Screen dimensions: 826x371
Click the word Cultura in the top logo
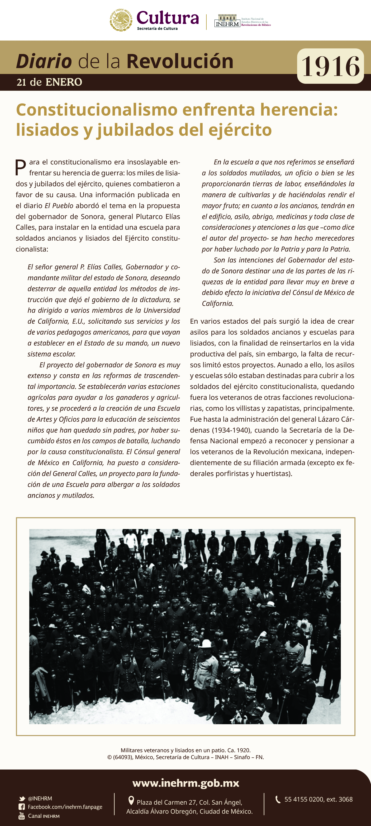(167, 18)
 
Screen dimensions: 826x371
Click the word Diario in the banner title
(44, 61)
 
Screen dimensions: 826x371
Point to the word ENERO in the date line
(64, 82)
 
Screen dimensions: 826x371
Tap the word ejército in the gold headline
(240, 130)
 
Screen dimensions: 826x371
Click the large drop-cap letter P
(20, 167)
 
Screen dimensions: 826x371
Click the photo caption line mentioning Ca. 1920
(185, 750)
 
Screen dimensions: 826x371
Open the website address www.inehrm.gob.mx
(185, 783)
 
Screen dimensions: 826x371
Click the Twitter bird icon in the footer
(22, 798)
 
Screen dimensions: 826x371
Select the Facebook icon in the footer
(22, 807)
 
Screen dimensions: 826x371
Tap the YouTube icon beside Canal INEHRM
(22, 816)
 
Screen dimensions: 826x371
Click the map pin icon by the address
(131, 801)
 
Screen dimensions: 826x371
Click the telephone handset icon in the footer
(278, 799)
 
